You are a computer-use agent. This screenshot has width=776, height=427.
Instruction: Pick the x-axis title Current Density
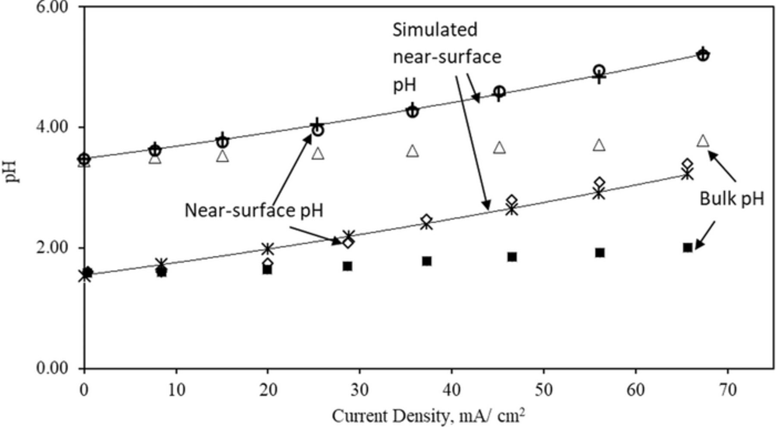click(x=428, y=416)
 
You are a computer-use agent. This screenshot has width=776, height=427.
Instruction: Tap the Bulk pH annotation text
click(x=732, y=199)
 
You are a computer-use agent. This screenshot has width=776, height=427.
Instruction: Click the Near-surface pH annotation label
click(x=254, y=210)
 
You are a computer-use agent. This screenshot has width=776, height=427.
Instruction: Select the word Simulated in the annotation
click(x=435, y=30)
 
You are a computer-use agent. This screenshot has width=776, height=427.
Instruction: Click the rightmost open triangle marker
click(x=703, y=141)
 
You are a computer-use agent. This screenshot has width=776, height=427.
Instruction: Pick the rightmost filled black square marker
click(x=688, y=247)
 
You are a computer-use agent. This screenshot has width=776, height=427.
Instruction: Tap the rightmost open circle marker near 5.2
click(x=703, y=55)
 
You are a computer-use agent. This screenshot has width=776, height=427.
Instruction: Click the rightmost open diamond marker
click(x=688, y=164)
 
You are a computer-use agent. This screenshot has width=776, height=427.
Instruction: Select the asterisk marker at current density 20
click(x=268, y=249)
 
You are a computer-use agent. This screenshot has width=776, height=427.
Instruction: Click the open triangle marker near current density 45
click(x=499, y=148)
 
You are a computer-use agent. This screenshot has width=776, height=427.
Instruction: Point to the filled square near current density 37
click(x=427, y=261)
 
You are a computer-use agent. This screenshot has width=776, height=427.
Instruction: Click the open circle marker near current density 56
click(x=599, y=70)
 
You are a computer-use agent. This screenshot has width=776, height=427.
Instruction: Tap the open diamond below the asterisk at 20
click(x=268, y=263)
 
